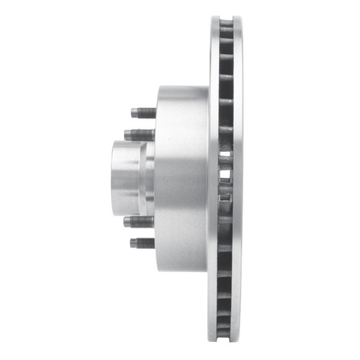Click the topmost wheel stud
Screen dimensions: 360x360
[x=143, y=113]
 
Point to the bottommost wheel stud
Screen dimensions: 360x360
[x=143, y=243]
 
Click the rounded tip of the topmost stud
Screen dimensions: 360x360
[x=132, y=113]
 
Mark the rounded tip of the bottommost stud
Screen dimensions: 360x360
[x=132, y=243]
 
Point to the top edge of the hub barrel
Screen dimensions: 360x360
[x=181, y=89]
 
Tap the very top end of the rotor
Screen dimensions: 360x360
[x=228, y=15]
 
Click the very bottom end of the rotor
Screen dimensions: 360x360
[x=228, y=343]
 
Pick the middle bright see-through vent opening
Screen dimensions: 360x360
[x=225, y=174]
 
